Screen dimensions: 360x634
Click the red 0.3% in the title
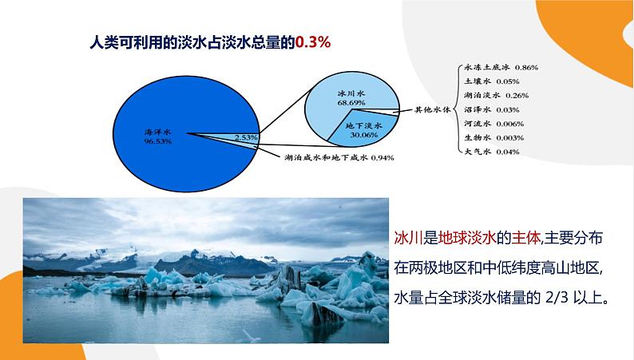pos(313,42)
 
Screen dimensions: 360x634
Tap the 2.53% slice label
pos(246,138)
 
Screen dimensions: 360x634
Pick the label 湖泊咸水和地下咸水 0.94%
pos(339,157)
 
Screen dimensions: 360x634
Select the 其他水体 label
pos(434,109)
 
